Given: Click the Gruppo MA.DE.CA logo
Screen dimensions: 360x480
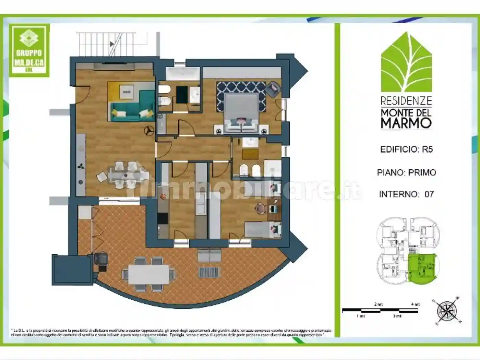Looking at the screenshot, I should (29, 50).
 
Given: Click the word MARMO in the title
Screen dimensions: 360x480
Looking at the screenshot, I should (406, 123).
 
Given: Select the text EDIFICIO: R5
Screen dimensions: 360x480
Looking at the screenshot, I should (406, 149).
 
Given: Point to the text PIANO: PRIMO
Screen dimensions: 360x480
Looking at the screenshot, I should (406, 172).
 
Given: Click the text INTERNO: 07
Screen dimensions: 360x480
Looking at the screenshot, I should (406, 194).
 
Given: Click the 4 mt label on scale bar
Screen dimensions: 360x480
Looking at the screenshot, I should (415, 304).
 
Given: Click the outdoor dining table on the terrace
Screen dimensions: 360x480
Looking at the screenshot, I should (149, 274).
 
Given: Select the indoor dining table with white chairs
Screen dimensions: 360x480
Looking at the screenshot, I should (125, 175).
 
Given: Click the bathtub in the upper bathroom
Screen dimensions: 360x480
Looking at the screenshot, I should (182, 73).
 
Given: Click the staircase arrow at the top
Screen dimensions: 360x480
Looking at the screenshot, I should (112, 44).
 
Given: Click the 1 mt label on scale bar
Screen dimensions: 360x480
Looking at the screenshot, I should (360, 316).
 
